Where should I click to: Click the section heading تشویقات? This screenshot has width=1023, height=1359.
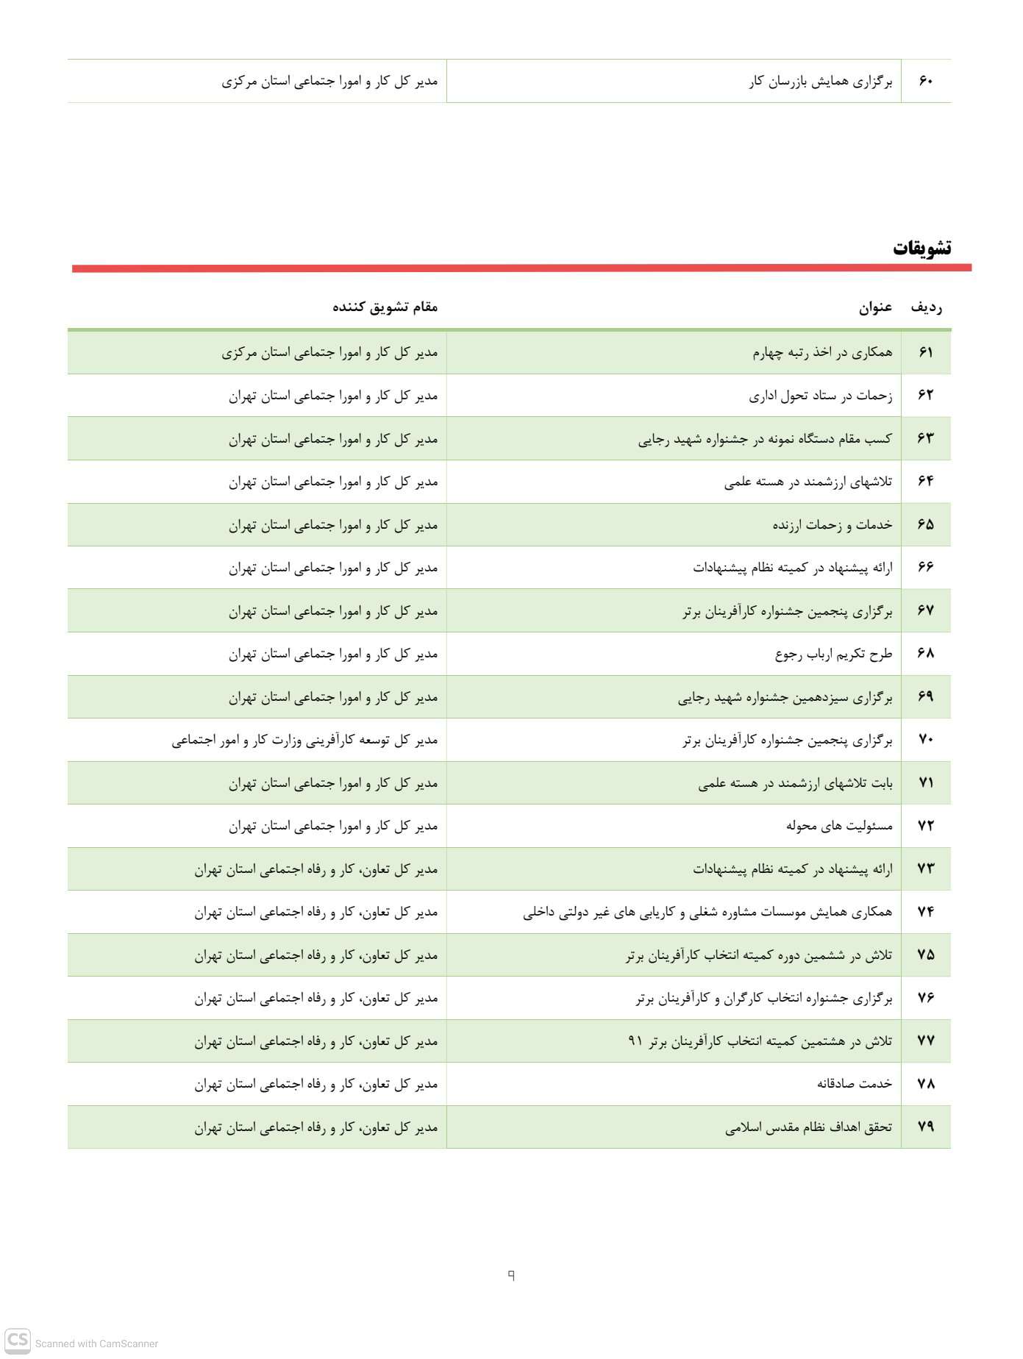point(922,248)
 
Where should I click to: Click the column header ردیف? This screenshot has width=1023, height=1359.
point(926,307)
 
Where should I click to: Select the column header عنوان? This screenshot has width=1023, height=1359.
point(875,307)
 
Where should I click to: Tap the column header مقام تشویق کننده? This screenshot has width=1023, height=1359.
point(385,307)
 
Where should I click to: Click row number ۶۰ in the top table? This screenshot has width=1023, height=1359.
point(926,81)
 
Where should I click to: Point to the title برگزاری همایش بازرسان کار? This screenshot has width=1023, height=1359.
point(821,82)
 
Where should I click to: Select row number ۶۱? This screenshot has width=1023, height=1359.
point(926,352)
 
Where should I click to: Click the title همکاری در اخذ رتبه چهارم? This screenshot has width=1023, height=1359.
point(822,352)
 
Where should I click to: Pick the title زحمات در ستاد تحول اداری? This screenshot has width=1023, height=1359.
point(821,396)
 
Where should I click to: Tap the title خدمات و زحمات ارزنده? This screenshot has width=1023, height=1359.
point(832,524)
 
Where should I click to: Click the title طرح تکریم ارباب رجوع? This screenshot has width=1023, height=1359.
point(833,654)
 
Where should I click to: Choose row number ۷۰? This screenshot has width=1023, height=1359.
point(926,740)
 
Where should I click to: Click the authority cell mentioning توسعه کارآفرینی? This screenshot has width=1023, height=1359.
point(304,741)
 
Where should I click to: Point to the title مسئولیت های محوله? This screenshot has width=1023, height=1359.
point(839,826)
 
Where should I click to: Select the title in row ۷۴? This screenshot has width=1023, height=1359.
point(707,913)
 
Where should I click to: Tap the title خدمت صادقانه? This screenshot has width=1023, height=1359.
point(855,1084)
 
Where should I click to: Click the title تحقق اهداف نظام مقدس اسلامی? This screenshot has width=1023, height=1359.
point(808,1127)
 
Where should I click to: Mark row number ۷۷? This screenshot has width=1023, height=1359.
point(926,1041)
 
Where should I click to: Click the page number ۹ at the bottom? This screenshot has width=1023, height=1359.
point(511,1275)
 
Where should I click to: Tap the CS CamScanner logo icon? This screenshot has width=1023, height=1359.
point(18,1339)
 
